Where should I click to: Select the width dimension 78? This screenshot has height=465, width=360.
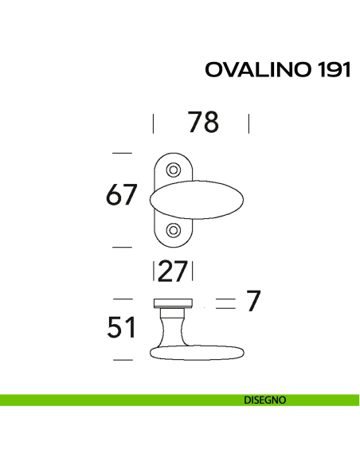202,123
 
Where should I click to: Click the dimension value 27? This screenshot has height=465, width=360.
172,272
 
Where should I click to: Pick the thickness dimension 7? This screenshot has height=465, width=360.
253,301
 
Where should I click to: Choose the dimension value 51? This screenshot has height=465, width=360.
122,327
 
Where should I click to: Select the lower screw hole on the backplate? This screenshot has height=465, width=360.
173,230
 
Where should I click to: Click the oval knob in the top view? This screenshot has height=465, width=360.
199,199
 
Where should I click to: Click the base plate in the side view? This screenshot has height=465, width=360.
172,302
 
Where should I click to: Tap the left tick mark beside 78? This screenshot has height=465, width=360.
153,123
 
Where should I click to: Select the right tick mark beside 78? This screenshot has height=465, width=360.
249,123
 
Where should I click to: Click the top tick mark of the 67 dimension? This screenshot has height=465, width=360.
121,153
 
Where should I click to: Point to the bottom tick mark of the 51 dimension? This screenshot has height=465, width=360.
121,360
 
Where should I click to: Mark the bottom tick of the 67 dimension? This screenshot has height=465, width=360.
121,247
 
